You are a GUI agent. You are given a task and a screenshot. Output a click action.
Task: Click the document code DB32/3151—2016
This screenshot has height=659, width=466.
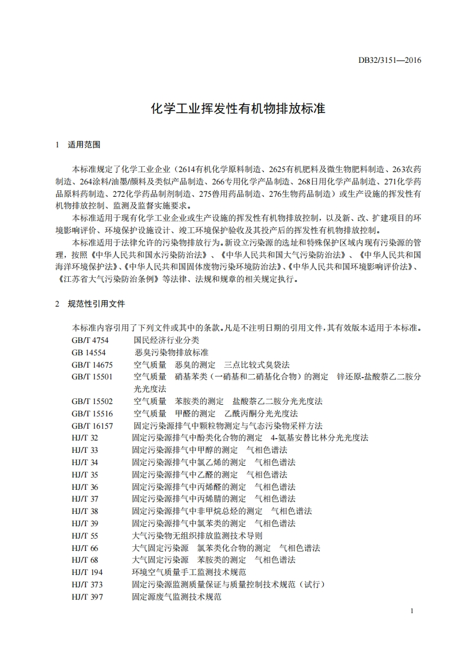(390, 60)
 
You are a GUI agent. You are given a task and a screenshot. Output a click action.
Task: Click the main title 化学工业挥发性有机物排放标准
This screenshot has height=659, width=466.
(233, 109)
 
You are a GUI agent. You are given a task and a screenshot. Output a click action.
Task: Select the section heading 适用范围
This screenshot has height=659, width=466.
(85, 144)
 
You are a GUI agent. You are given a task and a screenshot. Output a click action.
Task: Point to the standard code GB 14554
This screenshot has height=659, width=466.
(89, 352)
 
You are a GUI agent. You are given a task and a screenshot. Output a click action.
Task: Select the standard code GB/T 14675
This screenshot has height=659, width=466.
(92, 365)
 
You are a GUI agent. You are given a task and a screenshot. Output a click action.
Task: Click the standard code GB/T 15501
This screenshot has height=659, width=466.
(92, 376)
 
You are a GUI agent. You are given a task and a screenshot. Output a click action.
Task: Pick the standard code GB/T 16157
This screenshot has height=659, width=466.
(92, 426)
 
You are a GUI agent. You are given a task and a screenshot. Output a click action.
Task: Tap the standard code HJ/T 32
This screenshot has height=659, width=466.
(85, 438)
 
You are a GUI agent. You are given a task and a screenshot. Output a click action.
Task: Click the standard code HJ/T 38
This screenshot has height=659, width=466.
(85, 511)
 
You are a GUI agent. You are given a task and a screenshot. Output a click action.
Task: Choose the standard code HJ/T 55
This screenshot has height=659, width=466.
(85, 536)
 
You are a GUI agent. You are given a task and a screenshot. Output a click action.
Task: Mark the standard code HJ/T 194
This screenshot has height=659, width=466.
(87, 572)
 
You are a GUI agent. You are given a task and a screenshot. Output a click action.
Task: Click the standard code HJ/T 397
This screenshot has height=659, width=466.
(87, 597)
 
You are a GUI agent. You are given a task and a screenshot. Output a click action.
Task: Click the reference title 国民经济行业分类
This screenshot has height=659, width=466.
(166, 340)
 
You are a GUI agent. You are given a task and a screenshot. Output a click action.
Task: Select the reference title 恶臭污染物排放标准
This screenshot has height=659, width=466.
(172, 352)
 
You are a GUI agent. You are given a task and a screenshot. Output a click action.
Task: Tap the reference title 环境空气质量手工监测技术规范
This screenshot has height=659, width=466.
(189, 572)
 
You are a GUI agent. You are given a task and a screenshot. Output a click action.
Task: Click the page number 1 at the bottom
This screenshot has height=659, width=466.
(413, 611)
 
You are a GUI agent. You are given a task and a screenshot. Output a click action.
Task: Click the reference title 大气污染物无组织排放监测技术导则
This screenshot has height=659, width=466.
(197, 536)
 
